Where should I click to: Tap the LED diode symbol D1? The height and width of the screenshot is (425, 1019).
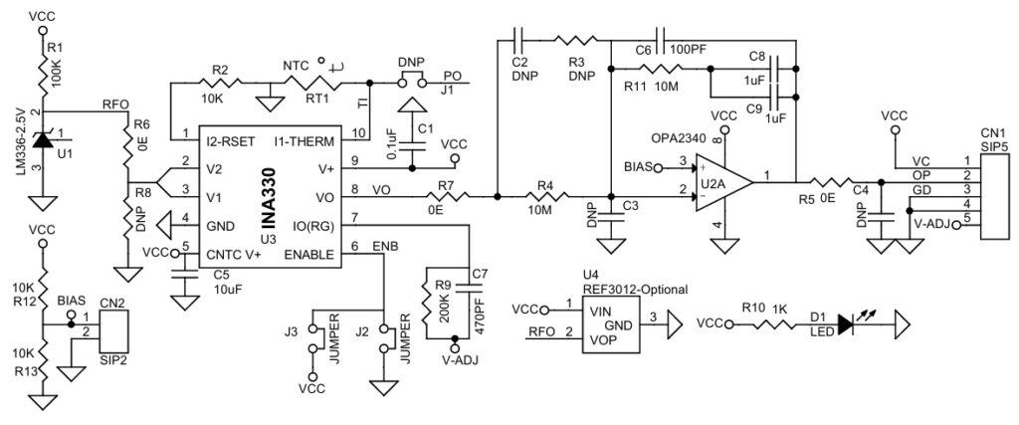[847, 323]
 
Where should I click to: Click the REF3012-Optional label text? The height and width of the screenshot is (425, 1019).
[635, 290]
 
